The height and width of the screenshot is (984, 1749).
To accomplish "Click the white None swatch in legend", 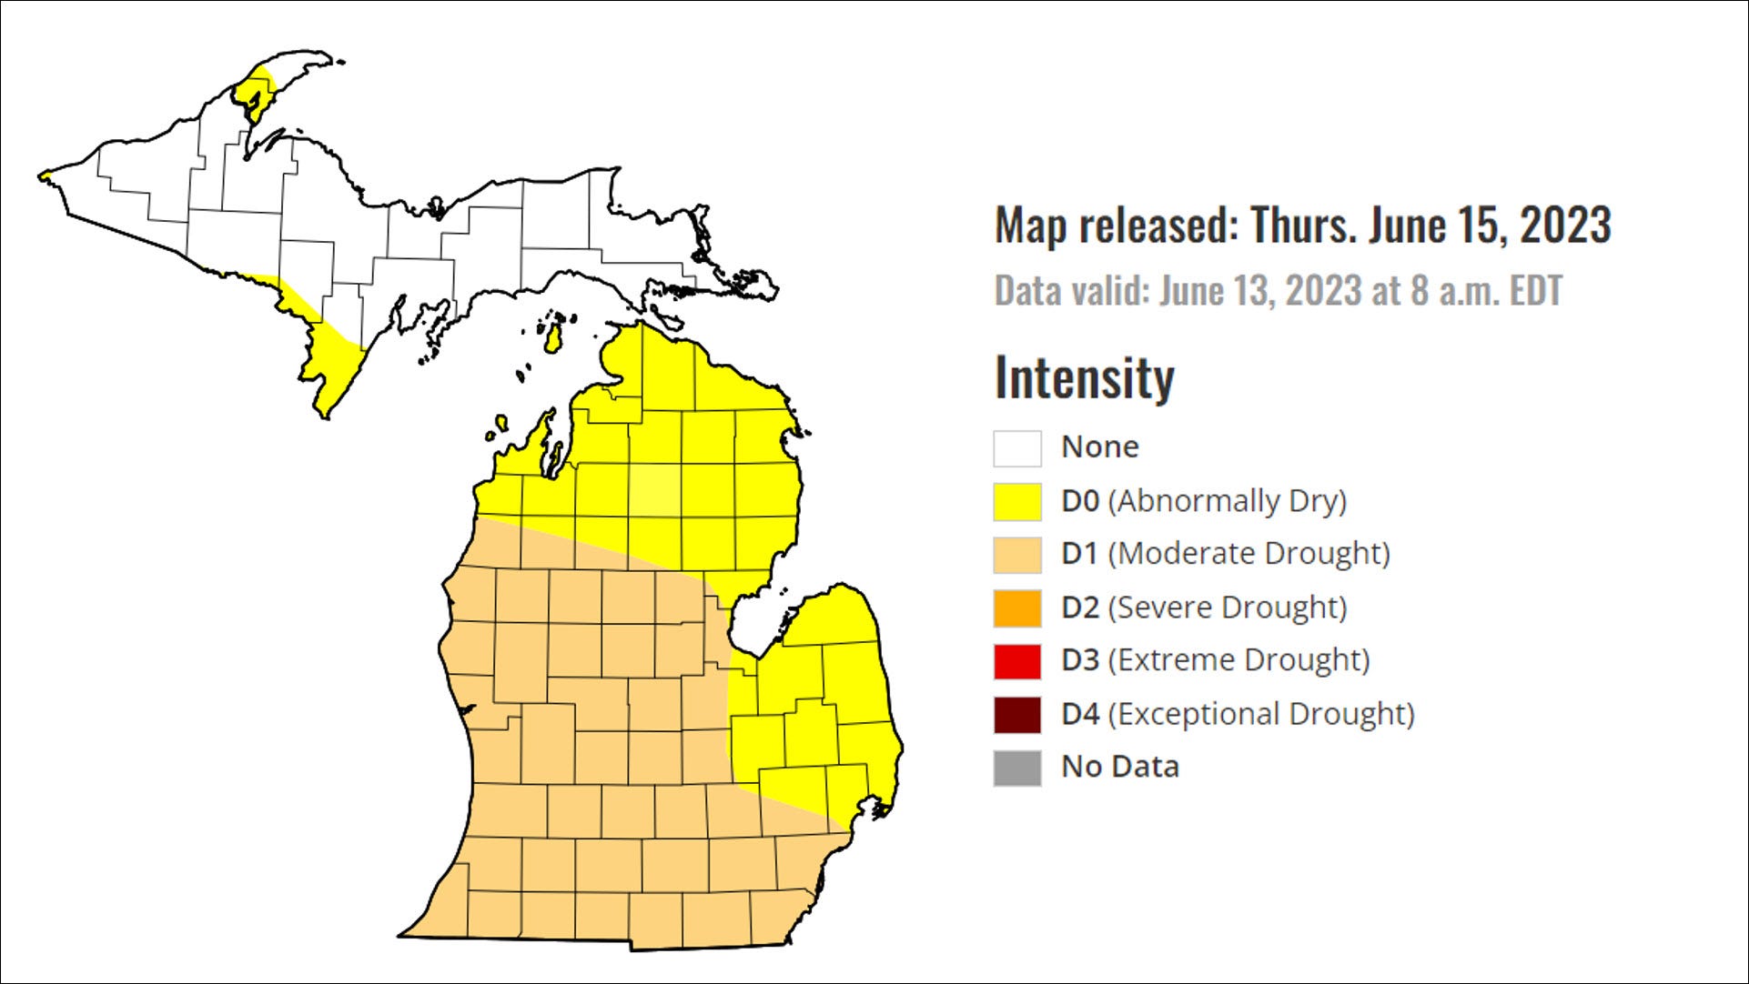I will coord(1016,448).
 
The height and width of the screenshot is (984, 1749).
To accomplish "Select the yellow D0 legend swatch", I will coord(1016,502).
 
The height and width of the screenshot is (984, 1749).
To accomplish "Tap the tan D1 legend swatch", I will coord(1016,555).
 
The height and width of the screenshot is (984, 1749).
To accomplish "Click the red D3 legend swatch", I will coord(1016,661).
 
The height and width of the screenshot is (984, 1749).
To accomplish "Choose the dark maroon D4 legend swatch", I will coord(1016,715).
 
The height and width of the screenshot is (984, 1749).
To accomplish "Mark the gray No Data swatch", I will coord(1016,768).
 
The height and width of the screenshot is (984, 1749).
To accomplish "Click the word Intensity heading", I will coord(1084,377).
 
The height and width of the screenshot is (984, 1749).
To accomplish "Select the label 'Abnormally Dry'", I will coord(1227,501).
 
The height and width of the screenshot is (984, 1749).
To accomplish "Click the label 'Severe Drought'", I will coord(1227,607).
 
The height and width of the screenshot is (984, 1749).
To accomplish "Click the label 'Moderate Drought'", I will coord(1249,554).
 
